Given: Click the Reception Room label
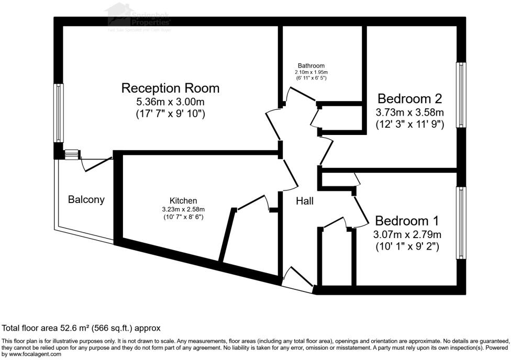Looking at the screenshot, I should [170, 88].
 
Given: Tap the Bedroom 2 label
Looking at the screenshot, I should [410, 98].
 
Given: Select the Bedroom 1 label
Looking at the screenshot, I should [407, 220].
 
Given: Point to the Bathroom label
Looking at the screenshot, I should [310, 65].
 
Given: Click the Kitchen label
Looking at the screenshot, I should [183, 200].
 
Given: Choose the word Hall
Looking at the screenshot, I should [305, 200].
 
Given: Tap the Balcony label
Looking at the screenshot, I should [86, 199].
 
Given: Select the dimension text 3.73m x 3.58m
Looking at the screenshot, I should [410, 112].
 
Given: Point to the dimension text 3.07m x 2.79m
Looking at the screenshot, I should [407, 233].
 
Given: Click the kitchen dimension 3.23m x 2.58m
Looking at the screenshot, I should [183, 209].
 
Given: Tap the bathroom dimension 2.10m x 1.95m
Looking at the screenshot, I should [310, 72].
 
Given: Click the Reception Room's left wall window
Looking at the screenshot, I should [59, 113].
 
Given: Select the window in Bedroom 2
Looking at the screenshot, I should [461, 95].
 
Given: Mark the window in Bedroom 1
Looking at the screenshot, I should [461, 222].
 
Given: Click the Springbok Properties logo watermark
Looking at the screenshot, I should [139, 17].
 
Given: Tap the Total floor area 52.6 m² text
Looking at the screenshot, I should [81, 328].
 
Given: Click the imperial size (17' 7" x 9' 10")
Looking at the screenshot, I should [170, 114].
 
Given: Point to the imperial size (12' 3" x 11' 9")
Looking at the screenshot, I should [410, 125].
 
